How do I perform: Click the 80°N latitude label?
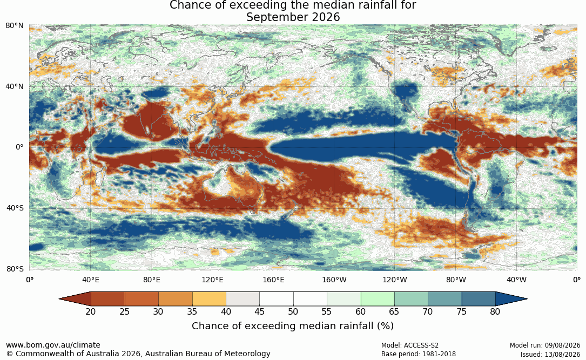[x=14, y=25]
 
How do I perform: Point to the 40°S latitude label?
[x=15, y=208]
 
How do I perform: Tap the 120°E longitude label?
[x=212, y=280]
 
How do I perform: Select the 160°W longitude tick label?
[x=334, y=280]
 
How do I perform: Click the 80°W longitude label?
[x=456, y=280]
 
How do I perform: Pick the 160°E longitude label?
[x=273, y=280]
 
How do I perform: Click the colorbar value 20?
[x=90, y=311]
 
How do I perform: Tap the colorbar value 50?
[x=293, y=311]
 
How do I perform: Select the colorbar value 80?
[x=495, y=311]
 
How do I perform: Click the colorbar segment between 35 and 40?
[x=209, y=299]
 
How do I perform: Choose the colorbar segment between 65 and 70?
[x=411, y=299]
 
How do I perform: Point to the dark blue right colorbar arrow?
[x=511, y=299]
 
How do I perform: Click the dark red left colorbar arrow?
[x=75, y=299]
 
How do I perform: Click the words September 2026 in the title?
[x=293, y=17]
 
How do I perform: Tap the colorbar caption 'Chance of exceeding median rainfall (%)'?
[x=293, y=326]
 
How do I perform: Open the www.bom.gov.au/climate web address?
[x=53, y=345]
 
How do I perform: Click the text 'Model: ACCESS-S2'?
[x=410, y=345]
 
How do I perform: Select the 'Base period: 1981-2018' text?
[x=419, y=354]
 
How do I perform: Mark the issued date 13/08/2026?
[x=562, y=354]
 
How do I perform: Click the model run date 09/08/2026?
[x=562, y=345]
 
